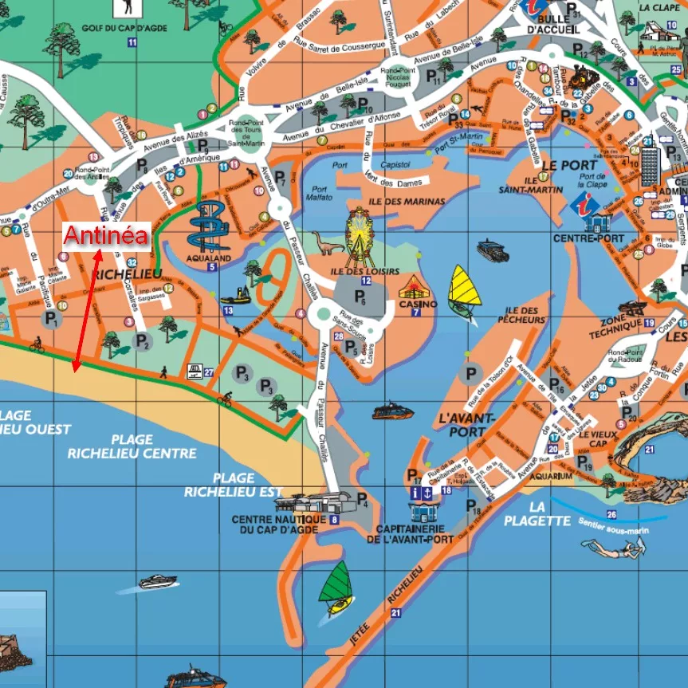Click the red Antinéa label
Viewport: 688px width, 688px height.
(106, 235)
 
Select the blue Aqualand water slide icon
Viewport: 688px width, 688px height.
(209, 226)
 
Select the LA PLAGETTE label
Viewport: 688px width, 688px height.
(537, 513)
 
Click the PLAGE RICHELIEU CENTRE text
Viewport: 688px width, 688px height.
(132, 446)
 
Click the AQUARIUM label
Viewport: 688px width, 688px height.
(551, 476)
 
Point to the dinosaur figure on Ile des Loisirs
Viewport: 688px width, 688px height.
(322, 244)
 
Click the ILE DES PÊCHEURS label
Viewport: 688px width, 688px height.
(525, 315)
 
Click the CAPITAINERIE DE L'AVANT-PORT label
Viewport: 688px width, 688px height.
(410, 534)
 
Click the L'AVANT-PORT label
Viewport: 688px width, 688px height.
(466, 424)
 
